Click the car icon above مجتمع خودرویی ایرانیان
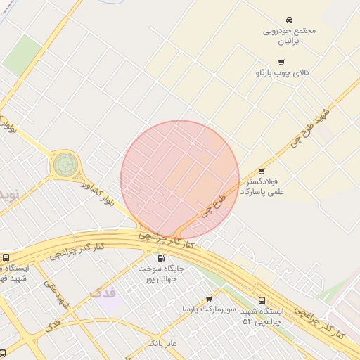point(289,20)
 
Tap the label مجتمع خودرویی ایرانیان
point(289,37)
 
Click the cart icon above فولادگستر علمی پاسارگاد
point(262,171)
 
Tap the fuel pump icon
point(161,258)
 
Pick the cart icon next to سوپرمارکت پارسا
point(209,299)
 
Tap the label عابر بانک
point(161,343)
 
